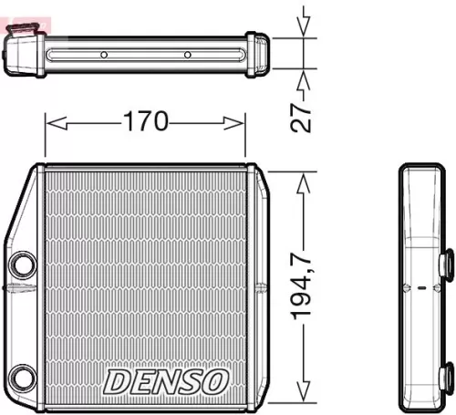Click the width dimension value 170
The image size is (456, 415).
click(146, 121)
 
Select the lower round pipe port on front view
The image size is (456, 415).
click(20, 375)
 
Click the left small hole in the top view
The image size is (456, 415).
click(104, 55)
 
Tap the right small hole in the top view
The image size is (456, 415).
click(187, 55)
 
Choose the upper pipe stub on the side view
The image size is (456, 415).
click(447, 265)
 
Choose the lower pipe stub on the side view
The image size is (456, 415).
click(447, 374)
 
